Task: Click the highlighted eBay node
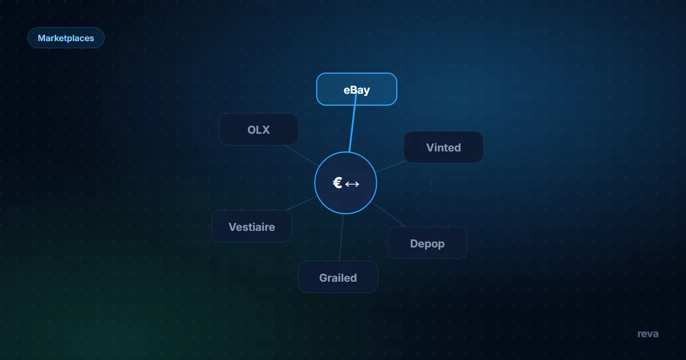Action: point(357,89)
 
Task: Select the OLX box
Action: point(258,129)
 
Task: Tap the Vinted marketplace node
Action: point(444,147)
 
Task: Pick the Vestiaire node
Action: point(252,226)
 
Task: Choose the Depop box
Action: point(427,243)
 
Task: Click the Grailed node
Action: point(338,277)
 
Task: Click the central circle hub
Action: point(345,183)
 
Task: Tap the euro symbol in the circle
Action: point(337,183)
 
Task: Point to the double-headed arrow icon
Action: point(352,184)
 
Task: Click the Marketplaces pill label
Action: point(66,38)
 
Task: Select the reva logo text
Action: point(648,334)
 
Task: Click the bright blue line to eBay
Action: point(353,122)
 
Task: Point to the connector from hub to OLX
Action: point(301,155)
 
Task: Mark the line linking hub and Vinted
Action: point(391,166)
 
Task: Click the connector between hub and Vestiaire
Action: point(301,203)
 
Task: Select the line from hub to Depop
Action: point(389,215)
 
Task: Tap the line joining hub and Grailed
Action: point(341,238)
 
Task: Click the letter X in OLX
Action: point(265,130)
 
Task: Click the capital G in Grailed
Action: point(324,278)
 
